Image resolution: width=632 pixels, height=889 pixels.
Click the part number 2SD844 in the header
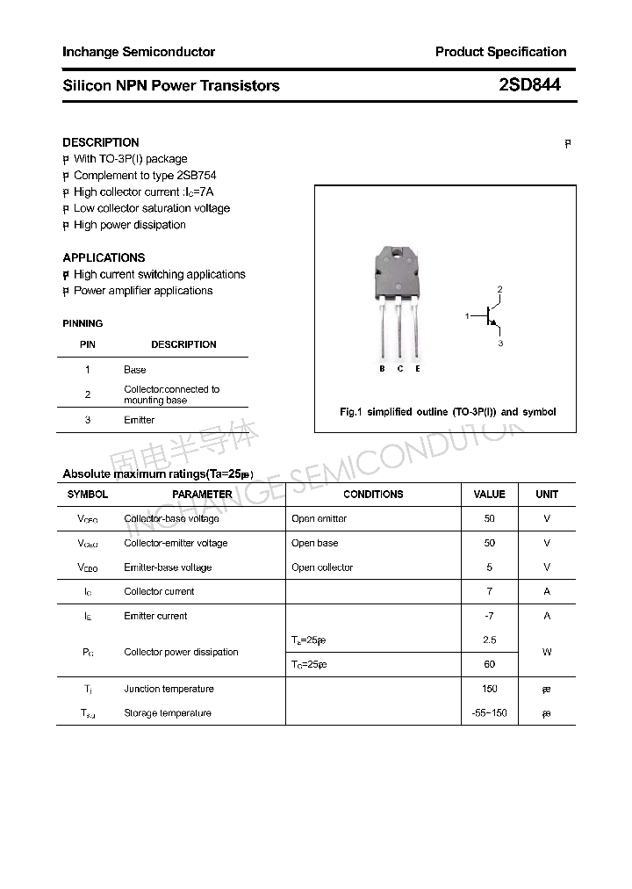529,85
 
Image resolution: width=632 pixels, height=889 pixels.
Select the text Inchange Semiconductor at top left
139,52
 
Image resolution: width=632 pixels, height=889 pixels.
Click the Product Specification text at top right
500,52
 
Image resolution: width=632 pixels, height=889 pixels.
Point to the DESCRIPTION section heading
101,142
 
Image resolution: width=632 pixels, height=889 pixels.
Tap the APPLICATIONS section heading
104,257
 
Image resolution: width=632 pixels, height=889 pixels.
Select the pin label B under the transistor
382,369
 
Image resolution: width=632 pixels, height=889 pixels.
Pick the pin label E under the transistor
418,369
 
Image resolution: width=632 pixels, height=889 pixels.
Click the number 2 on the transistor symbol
499,289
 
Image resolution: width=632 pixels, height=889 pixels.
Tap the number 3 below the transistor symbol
500,343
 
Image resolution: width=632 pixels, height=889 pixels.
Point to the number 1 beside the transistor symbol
468,315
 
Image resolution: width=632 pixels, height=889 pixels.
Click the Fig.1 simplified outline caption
448,412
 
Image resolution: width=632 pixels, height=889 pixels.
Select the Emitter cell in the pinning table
139,420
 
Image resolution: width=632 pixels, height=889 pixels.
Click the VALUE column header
489,495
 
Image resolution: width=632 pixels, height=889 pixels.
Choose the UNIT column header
547,495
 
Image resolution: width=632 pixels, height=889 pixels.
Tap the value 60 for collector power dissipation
489,664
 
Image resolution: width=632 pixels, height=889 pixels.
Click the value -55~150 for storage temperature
489,713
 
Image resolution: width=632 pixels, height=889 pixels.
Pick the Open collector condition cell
322,567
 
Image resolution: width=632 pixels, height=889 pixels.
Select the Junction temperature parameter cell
169,689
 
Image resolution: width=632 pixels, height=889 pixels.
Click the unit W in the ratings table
547,652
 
